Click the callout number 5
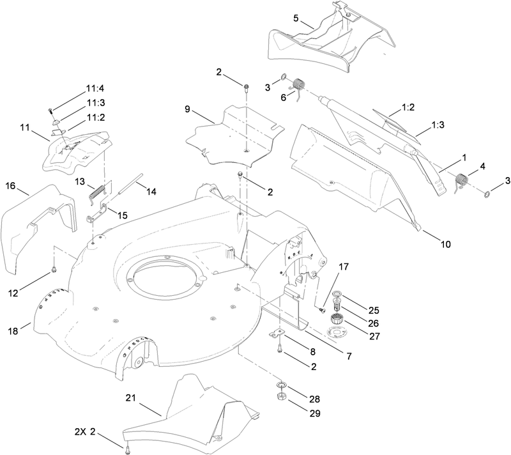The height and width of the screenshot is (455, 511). pyautogui.click(x=295, y=17)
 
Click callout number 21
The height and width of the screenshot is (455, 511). pyautogui.click(x=130, y=398)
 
